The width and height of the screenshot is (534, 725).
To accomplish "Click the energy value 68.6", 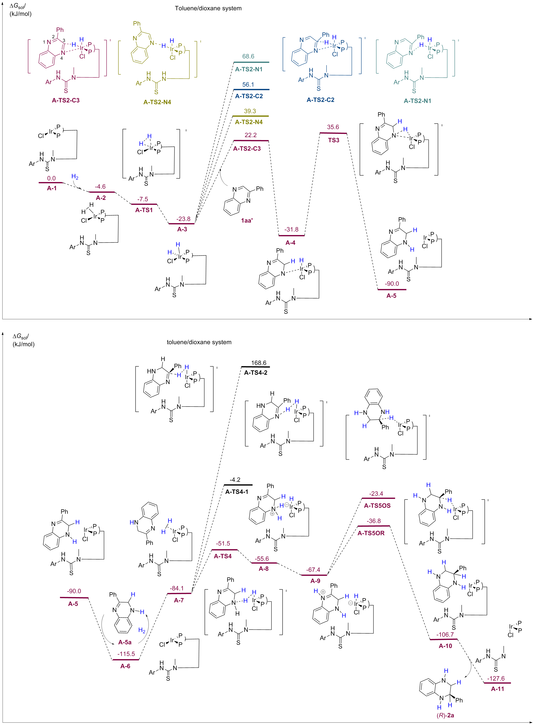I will point(248,56).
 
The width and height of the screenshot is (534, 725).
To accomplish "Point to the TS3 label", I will point(334,140).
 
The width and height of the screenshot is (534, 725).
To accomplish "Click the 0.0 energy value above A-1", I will point(51,178).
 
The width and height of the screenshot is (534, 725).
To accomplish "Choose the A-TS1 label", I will point(144,210).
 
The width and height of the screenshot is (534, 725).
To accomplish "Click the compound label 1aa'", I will point(247,220).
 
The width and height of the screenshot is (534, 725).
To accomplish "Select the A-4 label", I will point(290,243).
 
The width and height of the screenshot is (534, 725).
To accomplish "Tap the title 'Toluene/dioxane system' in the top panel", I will point(208,8).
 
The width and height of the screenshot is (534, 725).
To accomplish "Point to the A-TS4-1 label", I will point(237,492).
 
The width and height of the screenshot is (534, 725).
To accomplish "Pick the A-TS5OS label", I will point(377,506).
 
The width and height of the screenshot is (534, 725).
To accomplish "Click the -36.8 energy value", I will point(374,521).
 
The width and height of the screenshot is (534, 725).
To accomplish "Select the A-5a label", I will point(125,642).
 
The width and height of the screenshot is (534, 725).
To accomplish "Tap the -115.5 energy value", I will point(126,654).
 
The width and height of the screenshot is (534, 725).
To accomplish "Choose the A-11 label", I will point(498,689).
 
